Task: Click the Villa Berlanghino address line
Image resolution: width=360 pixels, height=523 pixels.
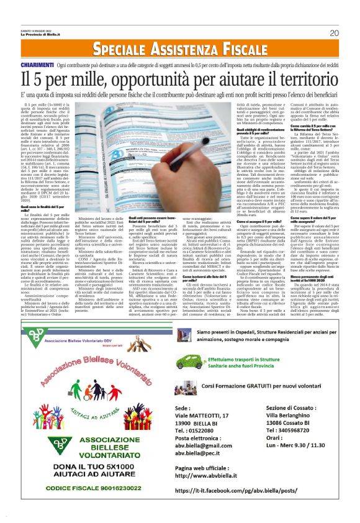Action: [x=292, y=416]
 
